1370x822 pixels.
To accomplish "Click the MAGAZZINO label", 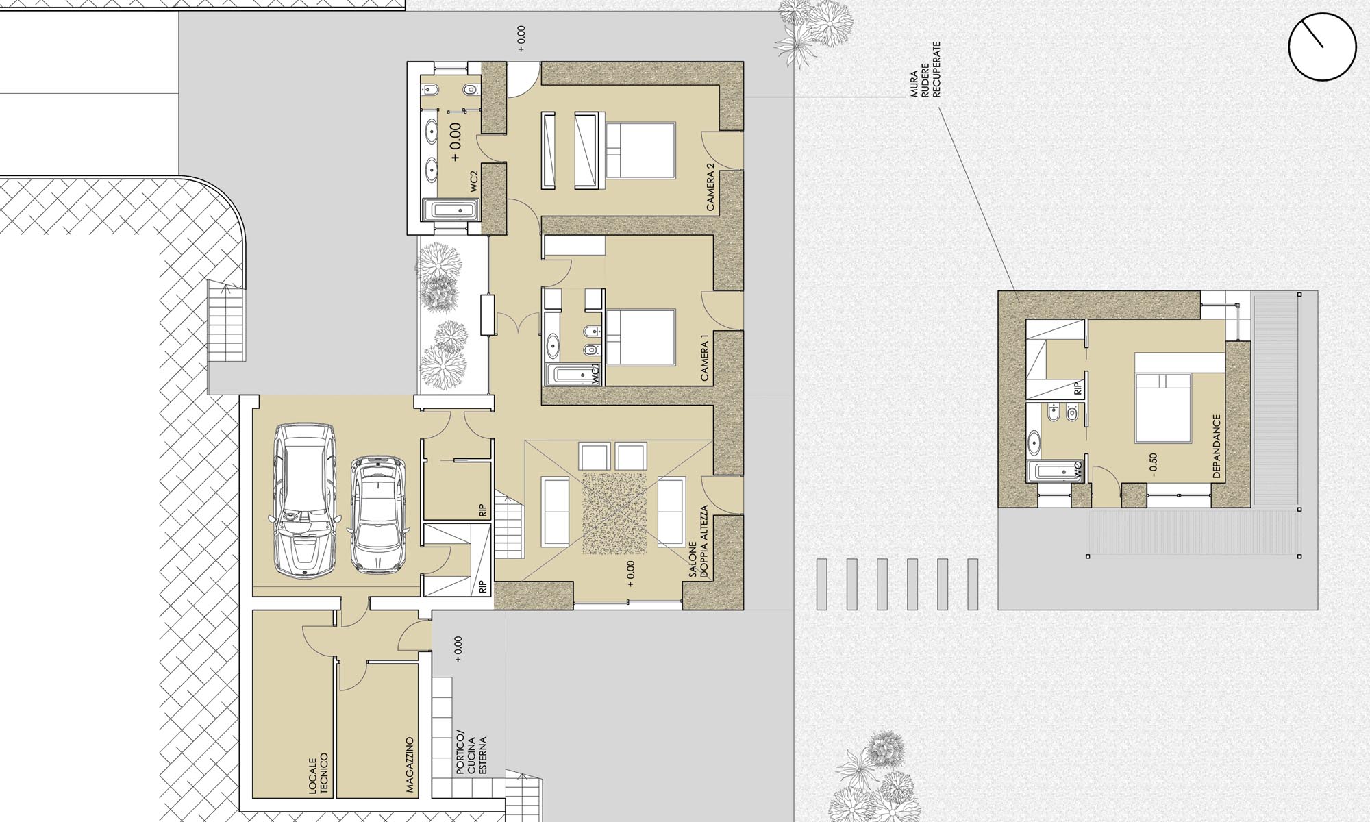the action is click(410, 765).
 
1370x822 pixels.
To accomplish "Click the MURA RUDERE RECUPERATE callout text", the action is click(925, 69).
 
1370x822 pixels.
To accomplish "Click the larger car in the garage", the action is click(304, 500).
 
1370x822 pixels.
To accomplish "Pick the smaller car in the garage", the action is click(377, 513).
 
